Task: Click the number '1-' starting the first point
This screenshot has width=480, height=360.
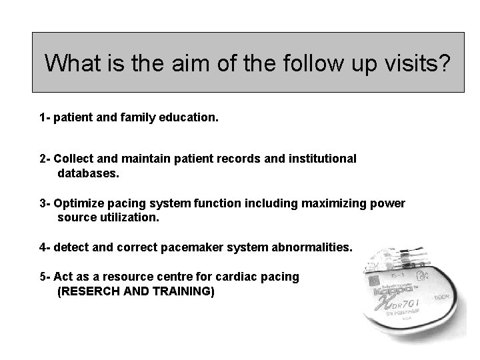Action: [45, 118]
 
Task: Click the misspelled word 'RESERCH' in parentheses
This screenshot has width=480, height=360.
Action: [89, 291]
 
